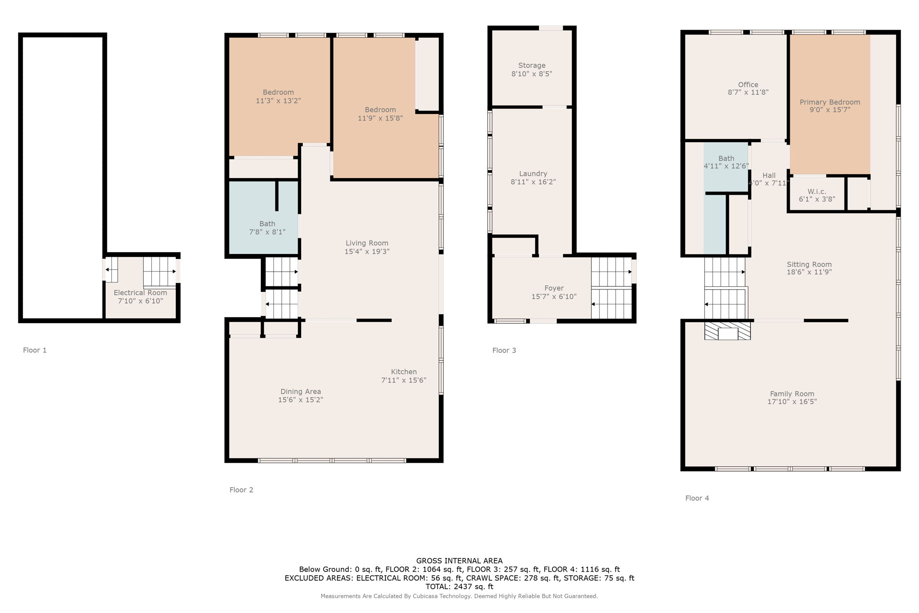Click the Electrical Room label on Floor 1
(x=140, y=293)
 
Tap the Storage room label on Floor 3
(x=532, y=66)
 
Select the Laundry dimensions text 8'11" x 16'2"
(x=533, y=182)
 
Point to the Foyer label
(x=554, y=288)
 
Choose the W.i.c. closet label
(x=817, y=192)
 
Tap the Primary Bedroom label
(x=830, y=102)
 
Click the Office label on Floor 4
(x=748, y=85)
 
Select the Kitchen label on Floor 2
(x=404, y=372)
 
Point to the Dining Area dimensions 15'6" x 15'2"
(x=301, y=400)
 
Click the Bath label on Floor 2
(x=267, y=223)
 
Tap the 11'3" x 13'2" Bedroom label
(x=278, y=101)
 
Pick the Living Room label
(x=367, y=243)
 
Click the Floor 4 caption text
(x=697, y=498)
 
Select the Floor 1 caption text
(x=35, y=350)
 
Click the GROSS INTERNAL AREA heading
(x=459, y=560)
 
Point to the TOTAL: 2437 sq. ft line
(x=459, y=587)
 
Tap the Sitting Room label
(x=809, y=264)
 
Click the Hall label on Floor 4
(x=769, y=175)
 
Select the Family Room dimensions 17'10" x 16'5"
(x=792, y=402)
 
